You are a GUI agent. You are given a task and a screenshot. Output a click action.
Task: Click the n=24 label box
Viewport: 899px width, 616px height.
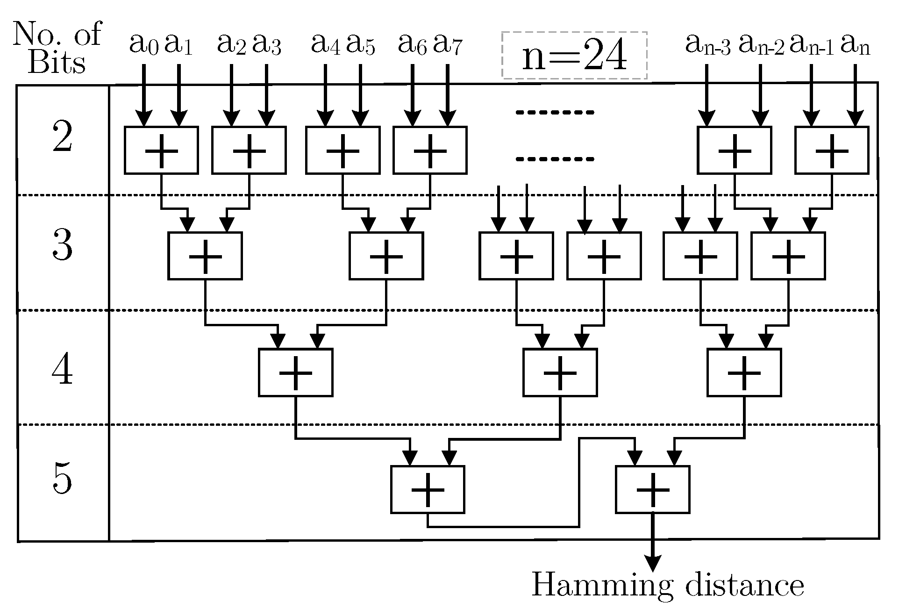(x=574, y=56)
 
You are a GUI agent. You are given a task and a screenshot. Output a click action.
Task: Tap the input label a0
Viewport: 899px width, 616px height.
(x=143, y=45)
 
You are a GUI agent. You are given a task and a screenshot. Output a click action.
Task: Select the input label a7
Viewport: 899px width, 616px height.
(x=448, y=45)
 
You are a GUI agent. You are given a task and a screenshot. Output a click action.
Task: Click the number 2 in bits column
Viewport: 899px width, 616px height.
(x=62, y=136)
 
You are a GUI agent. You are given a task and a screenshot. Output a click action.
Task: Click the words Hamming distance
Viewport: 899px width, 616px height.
(x=668, y=585)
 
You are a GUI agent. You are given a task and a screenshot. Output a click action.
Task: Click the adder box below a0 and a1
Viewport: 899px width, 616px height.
(x=161, y=150)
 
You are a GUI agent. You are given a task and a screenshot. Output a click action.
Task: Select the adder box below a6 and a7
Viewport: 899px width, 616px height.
(x=430, y=150)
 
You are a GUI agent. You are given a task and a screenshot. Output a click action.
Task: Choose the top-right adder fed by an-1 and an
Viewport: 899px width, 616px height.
(x=832, y=150)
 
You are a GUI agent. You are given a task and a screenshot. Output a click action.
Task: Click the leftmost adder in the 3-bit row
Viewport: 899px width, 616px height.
(x=205, y=256)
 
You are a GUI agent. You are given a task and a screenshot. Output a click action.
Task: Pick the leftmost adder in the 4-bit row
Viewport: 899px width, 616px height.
(x=295, y=372)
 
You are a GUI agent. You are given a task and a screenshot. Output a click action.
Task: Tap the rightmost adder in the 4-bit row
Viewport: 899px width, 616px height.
(x=744, y=372)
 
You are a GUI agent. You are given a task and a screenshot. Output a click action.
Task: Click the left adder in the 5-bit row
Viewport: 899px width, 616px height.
(x=428, y=489)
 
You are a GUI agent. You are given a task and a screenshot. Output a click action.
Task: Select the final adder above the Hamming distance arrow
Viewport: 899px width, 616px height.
(x=653, y=489)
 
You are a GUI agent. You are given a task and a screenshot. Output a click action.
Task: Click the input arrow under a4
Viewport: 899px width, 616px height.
(x=325, y=96)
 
